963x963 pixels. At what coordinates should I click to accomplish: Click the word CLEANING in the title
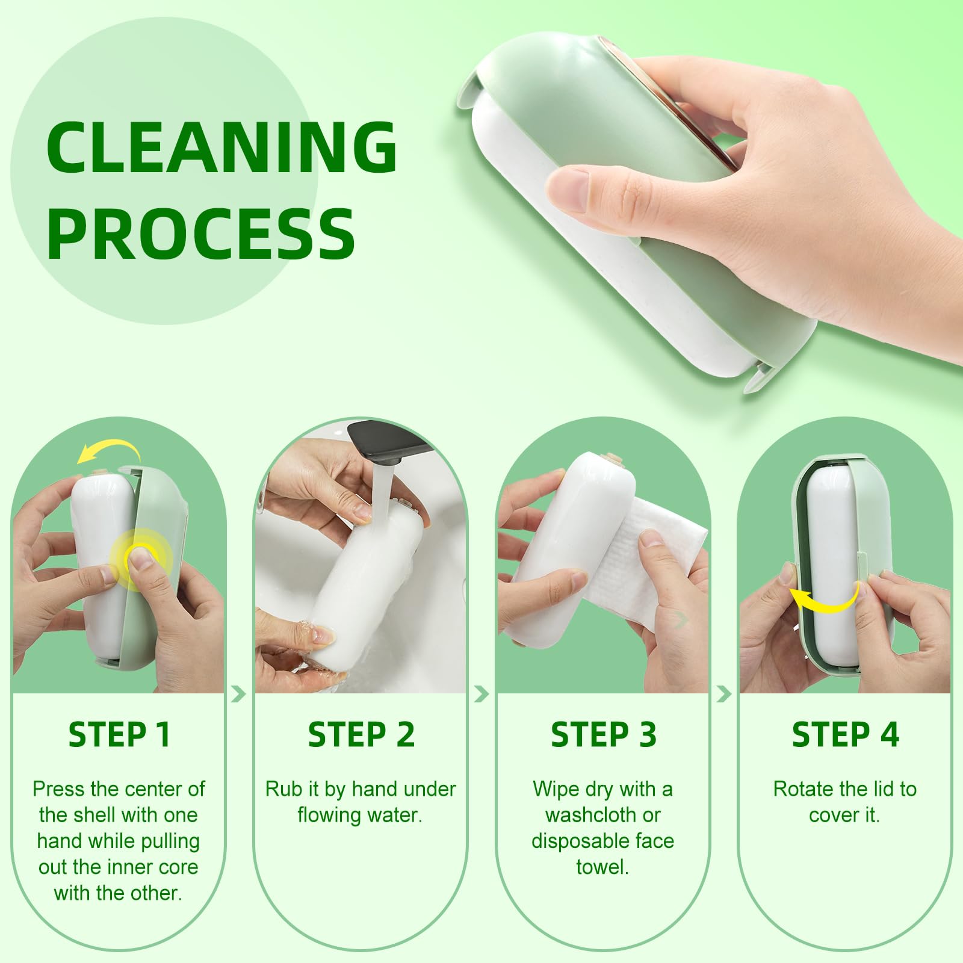pyautogui.click(x=221, y=147)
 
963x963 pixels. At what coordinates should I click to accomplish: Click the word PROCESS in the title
pyautogui.click(x=201, y=233)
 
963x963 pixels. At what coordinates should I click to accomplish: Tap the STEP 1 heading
pyautogui.click(x=119, y=734)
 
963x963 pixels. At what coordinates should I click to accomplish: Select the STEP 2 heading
pyautogui.click(x=361, y=734)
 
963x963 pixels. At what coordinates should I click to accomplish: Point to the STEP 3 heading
pyautogui.click(x=603, y=734)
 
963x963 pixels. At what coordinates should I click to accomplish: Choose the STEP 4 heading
pyautogui.click(x=845, y=734)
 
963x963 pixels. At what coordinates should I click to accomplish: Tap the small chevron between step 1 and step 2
pyautogui.click(x=239, y=695)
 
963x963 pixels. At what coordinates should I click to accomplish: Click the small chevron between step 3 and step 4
pyautogui.click(x=724, y=695)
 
